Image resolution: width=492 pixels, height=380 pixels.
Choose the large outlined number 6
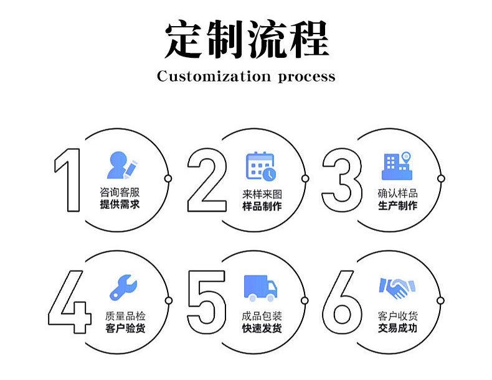(342, 303)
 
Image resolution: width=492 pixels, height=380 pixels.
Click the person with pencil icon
(122, 165)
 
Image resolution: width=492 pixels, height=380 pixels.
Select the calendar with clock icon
(260, 165)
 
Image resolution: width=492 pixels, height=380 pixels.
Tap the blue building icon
(397, 165)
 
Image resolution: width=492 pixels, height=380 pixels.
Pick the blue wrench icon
(123, 287)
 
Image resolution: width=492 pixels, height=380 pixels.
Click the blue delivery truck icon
(260, 287)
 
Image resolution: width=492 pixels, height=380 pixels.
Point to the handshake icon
(397, 287)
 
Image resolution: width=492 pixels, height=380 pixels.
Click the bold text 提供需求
(120, 205)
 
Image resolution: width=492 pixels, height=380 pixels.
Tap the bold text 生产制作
(397, 205)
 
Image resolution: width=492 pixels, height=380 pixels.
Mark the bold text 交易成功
(397, 328)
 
